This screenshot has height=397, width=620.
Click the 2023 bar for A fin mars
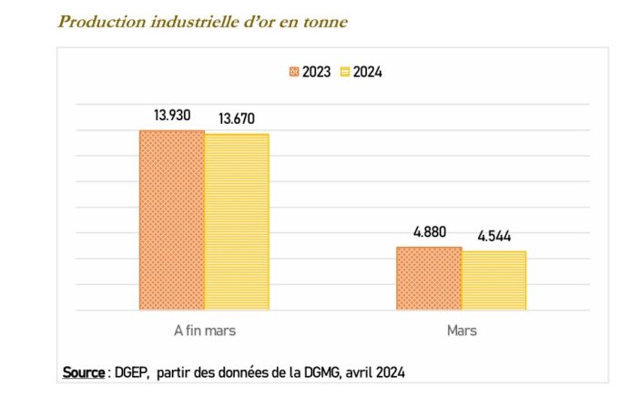click(x=171, y=219)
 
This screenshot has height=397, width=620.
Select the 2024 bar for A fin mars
click(x=237, y=221)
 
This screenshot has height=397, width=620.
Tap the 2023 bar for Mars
click(x=428, y=278)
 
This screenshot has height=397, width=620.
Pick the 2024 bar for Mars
click(x=493, y=280)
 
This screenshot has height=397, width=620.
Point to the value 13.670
click(x=237, y=118)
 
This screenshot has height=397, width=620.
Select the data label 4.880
click(x=429, y=231)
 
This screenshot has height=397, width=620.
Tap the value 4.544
click(x=493, y=236)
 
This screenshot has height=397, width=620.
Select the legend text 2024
click(x=367, y=72)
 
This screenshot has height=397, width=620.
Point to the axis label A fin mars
click(x=204, y=331)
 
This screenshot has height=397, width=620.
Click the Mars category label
click(x=461, y=331)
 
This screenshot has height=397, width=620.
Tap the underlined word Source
click(x=83, y=372)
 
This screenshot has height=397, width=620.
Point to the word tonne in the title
click(x=326, y=21)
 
